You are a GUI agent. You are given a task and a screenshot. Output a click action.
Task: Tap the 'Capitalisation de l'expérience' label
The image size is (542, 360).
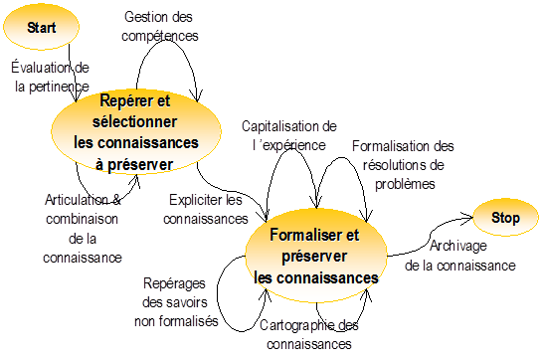[x=288, y=135]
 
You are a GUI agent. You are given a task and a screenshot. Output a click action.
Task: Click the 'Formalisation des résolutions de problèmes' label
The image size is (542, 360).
[x=403, y=163]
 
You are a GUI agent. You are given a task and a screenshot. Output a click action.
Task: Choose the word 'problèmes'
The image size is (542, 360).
[x=403, y=183]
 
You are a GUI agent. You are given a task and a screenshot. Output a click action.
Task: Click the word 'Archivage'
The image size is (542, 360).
[x=458, y=246]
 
